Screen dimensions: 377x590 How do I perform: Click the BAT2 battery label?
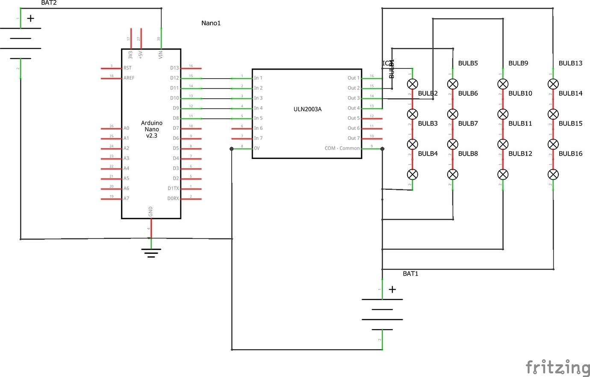(49, 3)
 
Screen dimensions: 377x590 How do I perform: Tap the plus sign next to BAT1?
(392, 289)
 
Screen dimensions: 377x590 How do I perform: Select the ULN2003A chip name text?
(307, 109)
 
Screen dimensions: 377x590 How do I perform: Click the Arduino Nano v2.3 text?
(152, 129)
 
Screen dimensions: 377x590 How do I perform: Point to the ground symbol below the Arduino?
(151, 253)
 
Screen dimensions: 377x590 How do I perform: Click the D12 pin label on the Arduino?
(174, 78)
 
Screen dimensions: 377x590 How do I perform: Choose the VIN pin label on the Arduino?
(161, 55)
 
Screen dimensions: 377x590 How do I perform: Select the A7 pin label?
(126, 198)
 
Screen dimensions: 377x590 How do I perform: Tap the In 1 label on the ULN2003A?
(258, 78)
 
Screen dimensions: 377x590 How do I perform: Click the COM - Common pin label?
(342, 148)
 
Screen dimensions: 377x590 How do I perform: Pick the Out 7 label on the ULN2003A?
(354, 138)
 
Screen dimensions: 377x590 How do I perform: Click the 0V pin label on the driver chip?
(257, 148)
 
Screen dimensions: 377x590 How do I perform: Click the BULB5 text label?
(468, 63)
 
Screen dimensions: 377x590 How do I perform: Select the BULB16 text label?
(570, 153)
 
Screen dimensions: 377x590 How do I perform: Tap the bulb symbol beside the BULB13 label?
(553, 84)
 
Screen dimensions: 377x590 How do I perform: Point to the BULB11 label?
(520, 124)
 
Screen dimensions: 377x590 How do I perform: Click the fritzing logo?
(557, 367)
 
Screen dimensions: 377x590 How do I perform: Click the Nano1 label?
(211, 23)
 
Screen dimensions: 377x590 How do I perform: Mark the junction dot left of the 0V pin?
(232, 149)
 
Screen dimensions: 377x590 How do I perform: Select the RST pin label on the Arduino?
(127, 68)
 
